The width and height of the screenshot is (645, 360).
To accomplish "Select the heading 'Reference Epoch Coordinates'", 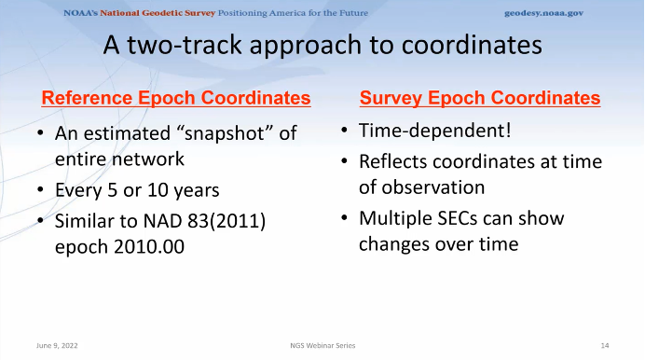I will (176, 98).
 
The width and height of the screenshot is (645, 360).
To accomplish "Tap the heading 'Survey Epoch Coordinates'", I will (480, 98).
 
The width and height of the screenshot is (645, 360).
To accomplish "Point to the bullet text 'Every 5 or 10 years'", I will (137, 191).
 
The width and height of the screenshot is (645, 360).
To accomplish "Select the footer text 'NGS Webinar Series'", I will (322, 345).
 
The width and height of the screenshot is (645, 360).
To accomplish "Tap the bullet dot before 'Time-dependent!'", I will (344, 132).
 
